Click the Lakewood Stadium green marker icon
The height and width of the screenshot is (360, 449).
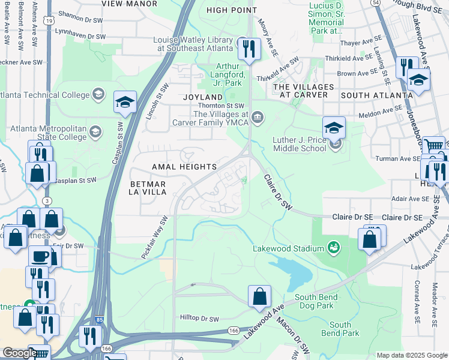pyautogui.click(x=331, y=248)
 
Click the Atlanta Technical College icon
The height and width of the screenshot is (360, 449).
pyautogui.click(x=98, y=94)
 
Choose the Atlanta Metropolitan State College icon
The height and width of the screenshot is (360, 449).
pyautogui.click(x=95, y=131)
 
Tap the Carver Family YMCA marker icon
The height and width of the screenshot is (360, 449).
pyautogui.click(x=258, y=116)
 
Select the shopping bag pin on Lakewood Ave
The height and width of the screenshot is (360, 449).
pyautogui.click(x=259, y=296)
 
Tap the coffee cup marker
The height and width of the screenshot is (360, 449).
pyautogui.click(x=41, y=256)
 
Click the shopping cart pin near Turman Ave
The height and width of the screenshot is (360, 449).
pyautogui.click(x=433, y=146)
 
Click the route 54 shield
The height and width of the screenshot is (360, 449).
pyautogui.click(x=375, y=3)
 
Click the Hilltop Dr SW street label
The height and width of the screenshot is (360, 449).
pyautogui.click(x=200, y=317)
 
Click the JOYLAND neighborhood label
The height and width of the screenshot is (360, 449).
pyautogui.click(x=203, y=97)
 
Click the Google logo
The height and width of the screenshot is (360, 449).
pyautogui.click(x=20, y=353)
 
